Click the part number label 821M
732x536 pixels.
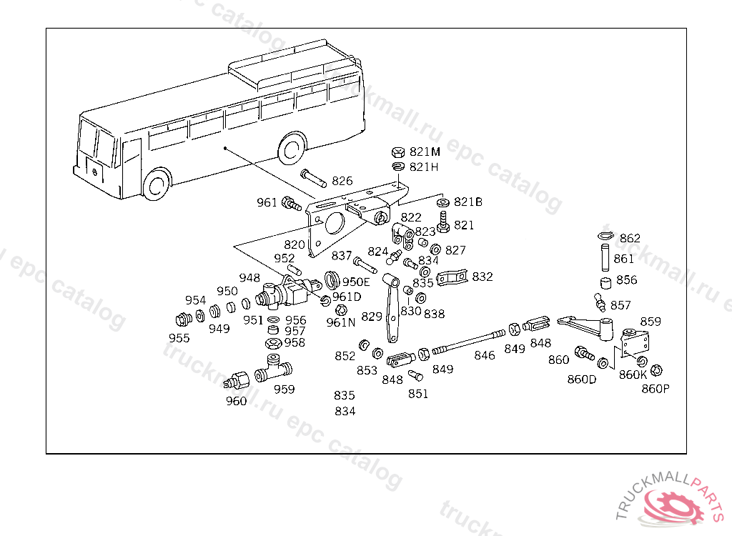point(425,152)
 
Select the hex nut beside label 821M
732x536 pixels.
point(399,152)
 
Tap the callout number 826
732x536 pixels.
point(342,181)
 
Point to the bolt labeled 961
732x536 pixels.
point(292,204)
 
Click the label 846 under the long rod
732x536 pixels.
point(484,355)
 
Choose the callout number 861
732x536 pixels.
point(623,259)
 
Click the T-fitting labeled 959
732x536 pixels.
point(275,369)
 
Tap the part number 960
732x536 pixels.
point(236,401)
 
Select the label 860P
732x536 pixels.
point(656,389)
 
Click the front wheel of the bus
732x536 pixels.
point(157,184)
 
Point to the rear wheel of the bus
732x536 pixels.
point(291,147)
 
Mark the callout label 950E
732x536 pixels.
point(356,281)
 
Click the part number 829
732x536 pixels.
point(372,316)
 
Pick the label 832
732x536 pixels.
point(483,276)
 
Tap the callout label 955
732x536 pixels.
point(179,338)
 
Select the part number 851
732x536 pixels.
point(418,393)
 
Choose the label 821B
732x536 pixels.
point(468,202)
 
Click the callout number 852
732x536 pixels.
point(345,355)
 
